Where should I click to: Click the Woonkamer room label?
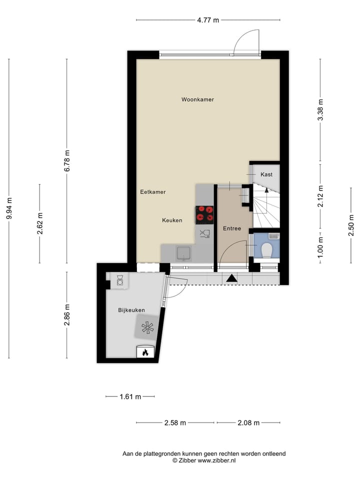coord(197,99)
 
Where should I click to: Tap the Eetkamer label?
coord(152,191)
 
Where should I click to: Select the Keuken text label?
coord(172,220)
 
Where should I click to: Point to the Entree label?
coord(232,228)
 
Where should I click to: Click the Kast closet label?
coord(266,174)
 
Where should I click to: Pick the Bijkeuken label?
coord(131,310)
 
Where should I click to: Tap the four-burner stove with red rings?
coord(204,213)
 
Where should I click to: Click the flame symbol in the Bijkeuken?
coord(145,352)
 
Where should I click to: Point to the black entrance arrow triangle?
coord(231,278)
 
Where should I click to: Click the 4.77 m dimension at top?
coord(208,20)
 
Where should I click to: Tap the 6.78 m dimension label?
coord(67,161)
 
